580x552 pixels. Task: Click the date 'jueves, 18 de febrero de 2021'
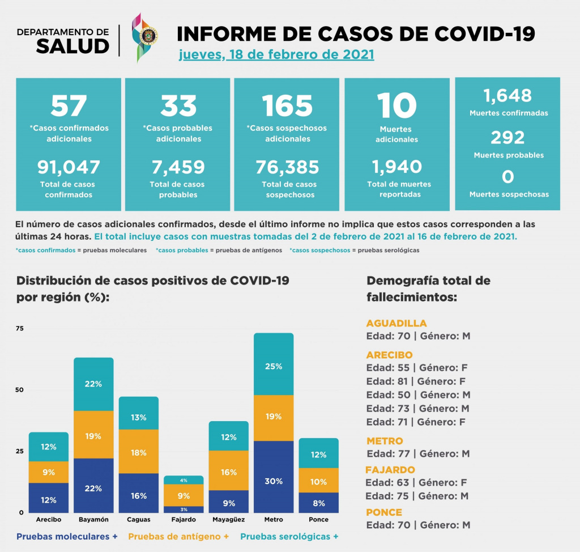(276, 56)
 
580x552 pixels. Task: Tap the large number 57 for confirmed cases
(69, 105)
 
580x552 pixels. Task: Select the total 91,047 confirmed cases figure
(69, 167)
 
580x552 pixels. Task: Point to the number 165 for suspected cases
(287, 105)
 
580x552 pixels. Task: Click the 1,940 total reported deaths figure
(396, 167)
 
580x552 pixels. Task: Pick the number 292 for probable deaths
(508, 138)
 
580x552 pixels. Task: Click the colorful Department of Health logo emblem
(144, 36)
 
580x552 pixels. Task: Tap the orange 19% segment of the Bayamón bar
(93, 436)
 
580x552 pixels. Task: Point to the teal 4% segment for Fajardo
(184, 480)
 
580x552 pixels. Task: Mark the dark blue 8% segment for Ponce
(319, 502)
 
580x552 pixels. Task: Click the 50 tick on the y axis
(20, 390)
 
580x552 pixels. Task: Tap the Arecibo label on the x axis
(49, 520)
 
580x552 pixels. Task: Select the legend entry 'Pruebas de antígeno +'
(178, 536)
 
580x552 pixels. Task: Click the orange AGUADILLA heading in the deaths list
(396, 324)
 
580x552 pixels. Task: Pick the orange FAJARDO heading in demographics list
(390, 470)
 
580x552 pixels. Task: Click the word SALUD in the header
(72, 46)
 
